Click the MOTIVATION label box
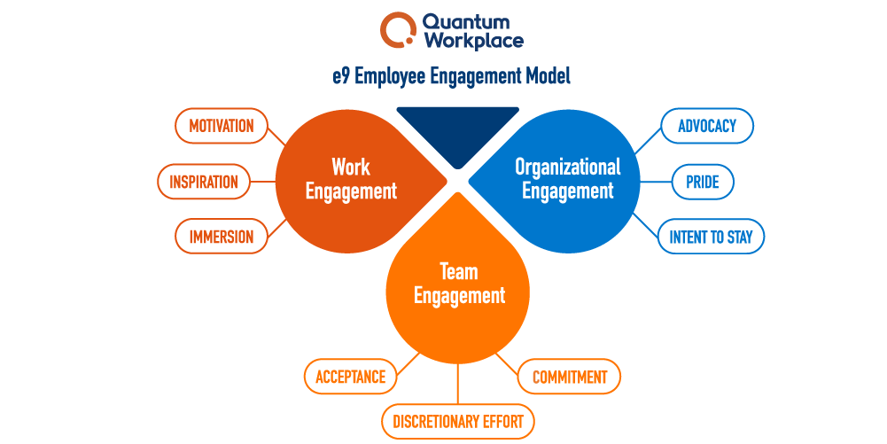tap(221, 126)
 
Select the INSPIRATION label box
tap(204, 182)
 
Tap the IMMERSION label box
tap(221, 237)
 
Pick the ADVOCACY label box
tap(707, 126)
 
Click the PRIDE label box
tap(702, 182)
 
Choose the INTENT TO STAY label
tap(711, 237)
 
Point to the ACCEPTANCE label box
tap(350, 377)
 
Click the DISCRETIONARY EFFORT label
tap(458, 422)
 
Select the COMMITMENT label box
tap(569, 377)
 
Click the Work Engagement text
tap(351, 178)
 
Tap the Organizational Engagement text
tap(567, 178)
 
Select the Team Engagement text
tap(459, 284)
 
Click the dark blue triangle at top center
tap(457, 129)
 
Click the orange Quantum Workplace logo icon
tap(397, 29)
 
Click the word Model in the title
tap(546, 76)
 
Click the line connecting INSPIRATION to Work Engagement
tap(262, 182)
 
